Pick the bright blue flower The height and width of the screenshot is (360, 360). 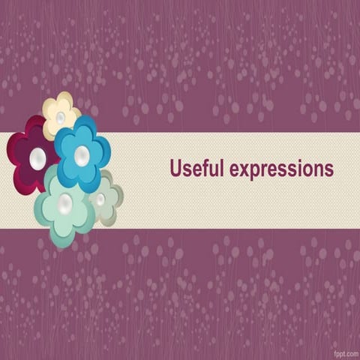tap(82, 153)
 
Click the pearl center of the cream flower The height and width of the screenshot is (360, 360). tap(61, 118)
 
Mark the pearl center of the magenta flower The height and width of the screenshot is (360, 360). tap(37, 157)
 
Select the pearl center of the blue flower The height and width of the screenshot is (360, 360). tap(82, 155)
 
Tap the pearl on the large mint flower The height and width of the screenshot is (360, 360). tap(65, 203)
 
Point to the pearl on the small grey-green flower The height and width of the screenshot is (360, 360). tap(100, 199)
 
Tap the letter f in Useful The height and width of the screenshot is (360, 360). tap(204, 168)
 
